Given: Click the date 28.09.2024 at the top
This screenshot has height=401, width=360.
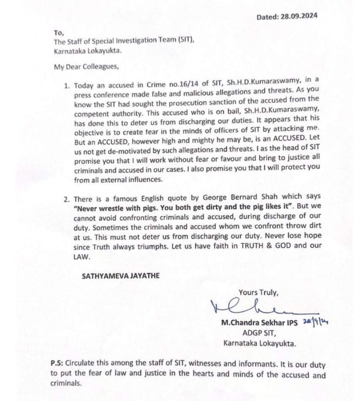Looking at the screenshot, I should click(299, 17).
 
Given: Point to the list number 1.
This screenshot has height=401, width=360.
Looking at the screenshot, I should click(66, 85).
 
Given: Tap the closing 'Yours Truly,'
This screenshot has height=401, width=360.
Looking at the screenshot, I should click(258, 292).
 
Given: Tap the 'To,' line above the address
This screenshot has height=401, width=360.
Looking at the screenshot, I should click(58, 32).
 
